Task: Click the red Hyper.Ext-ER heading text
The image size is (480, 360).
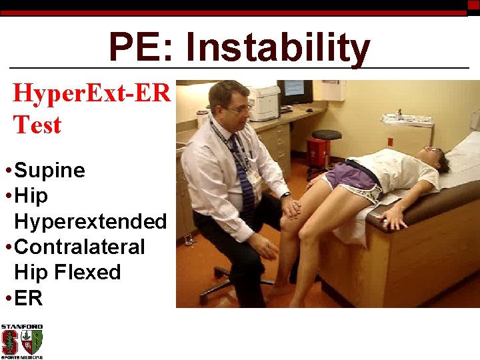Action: [x=92, y=93]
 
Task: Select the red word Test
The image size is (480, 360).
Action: [x=37, y=125]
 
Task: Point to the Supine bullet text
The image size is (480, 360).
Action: [x=49, y=171]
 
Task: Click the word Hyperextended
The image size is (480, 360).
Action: [x=90, y=221]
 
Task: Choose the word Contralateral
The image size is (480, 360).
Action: [x=79, y=247]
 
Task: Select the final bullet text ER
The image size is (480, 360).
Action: [x=28, y=298]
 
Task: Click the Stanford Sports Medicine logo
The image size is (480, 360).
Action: [x=22, y=341]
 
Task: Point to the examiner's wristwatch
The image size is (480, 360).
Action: [x=285, y=195]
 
